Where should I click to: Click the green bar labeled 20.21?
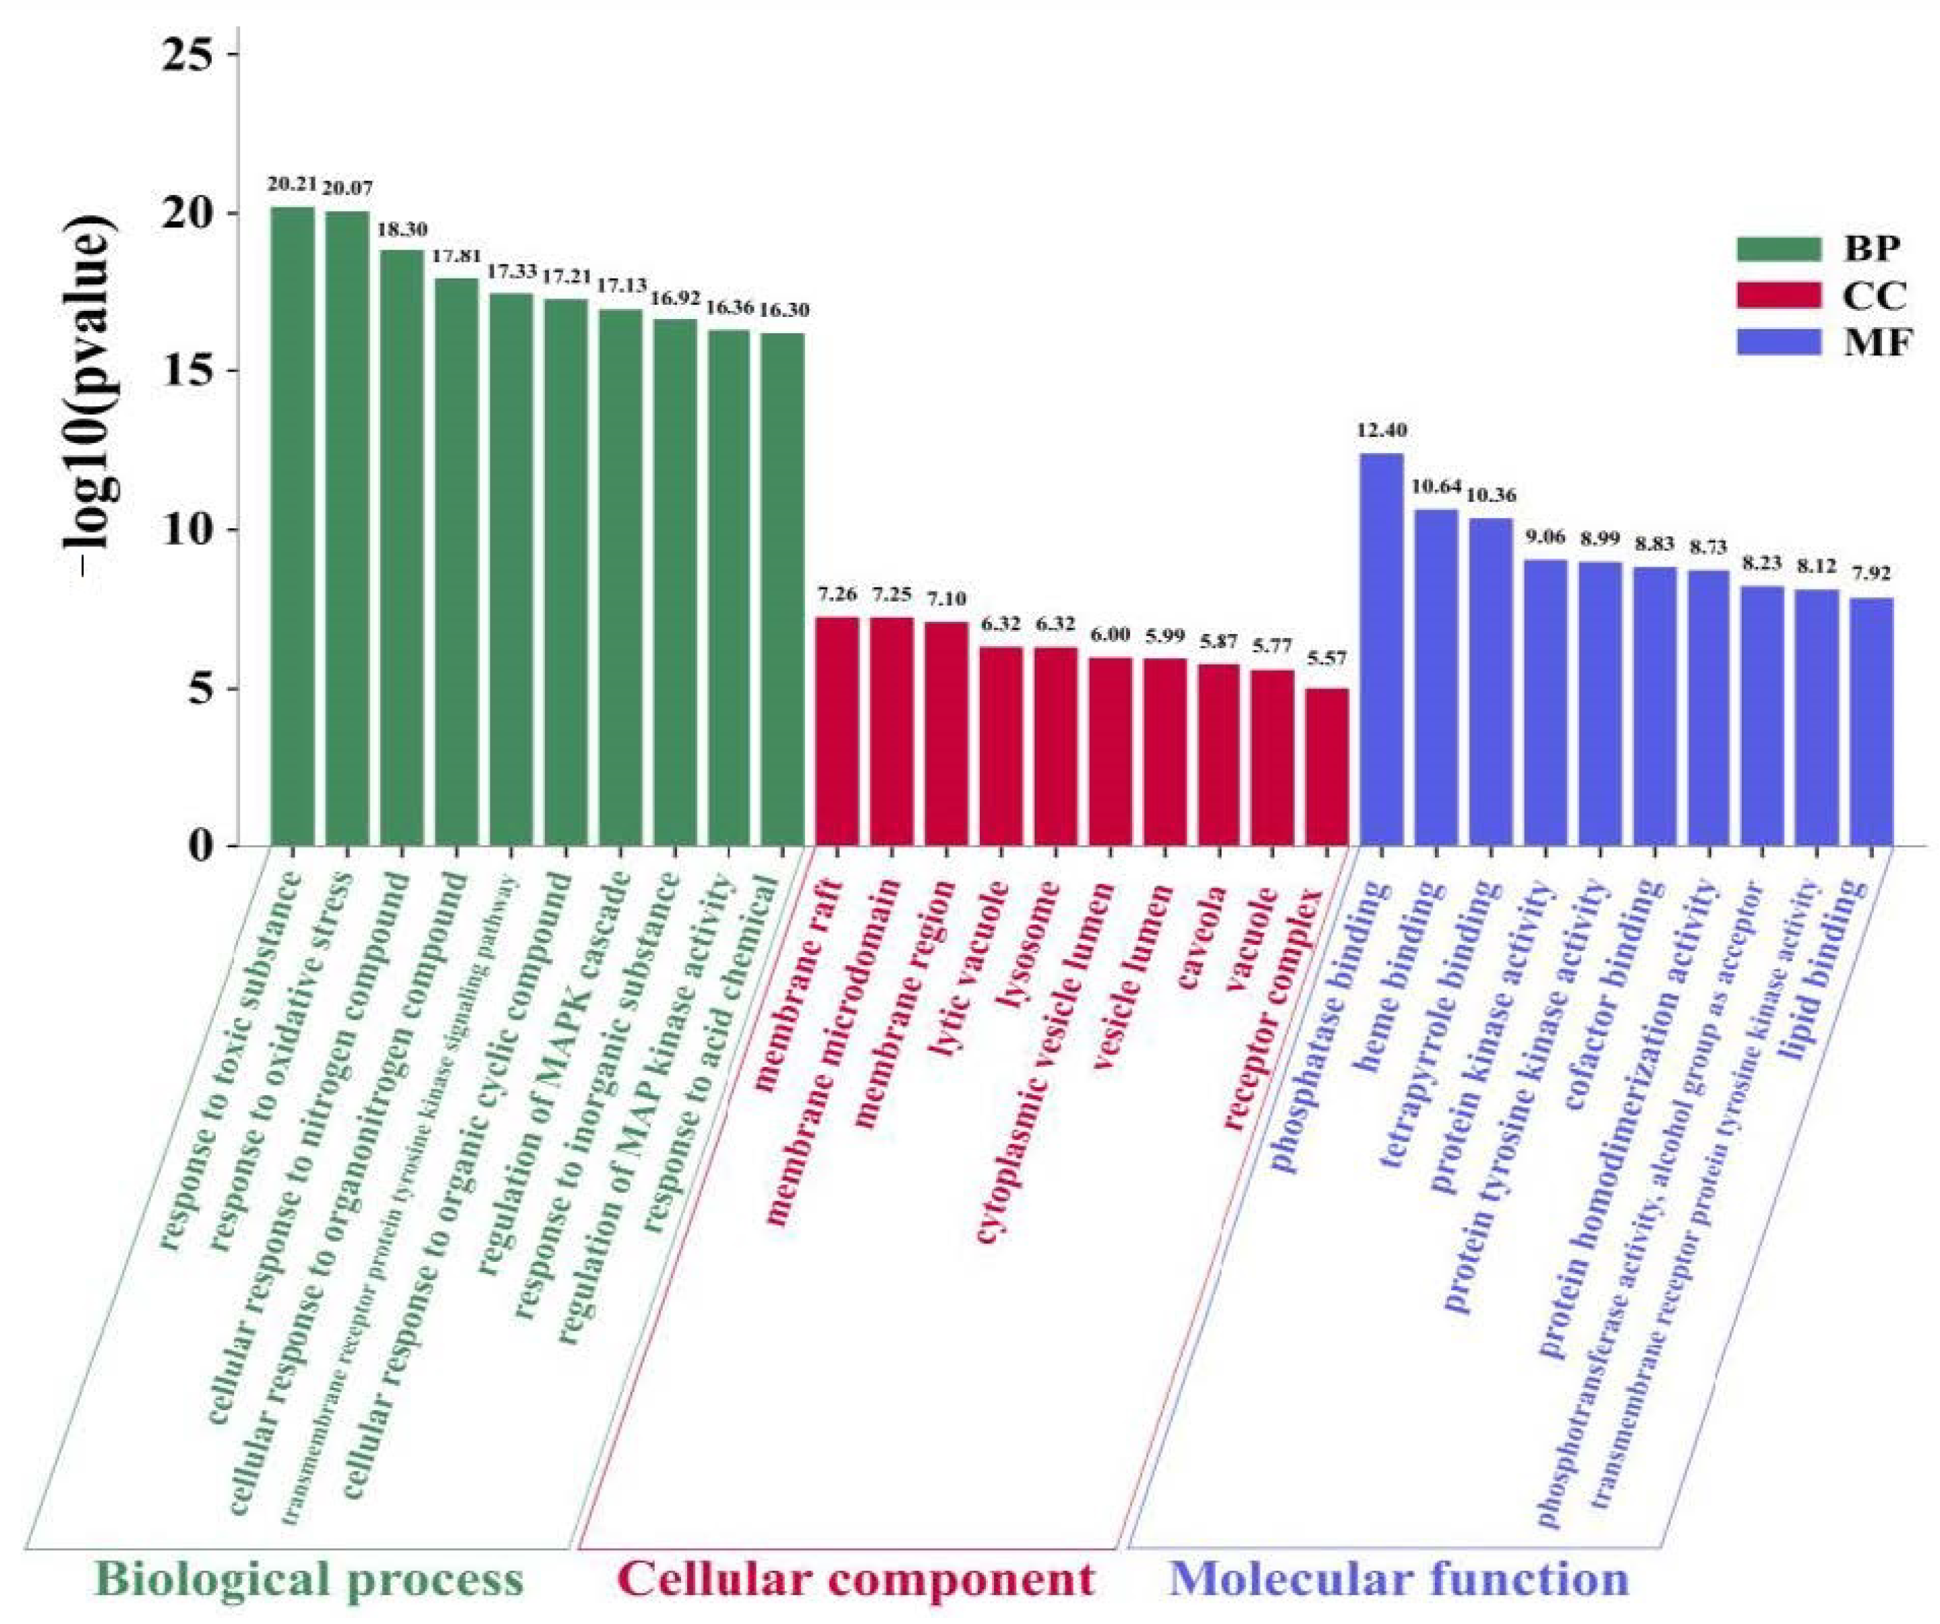[292, 527]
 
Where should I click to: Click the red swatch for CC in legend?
[1778, 295]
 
